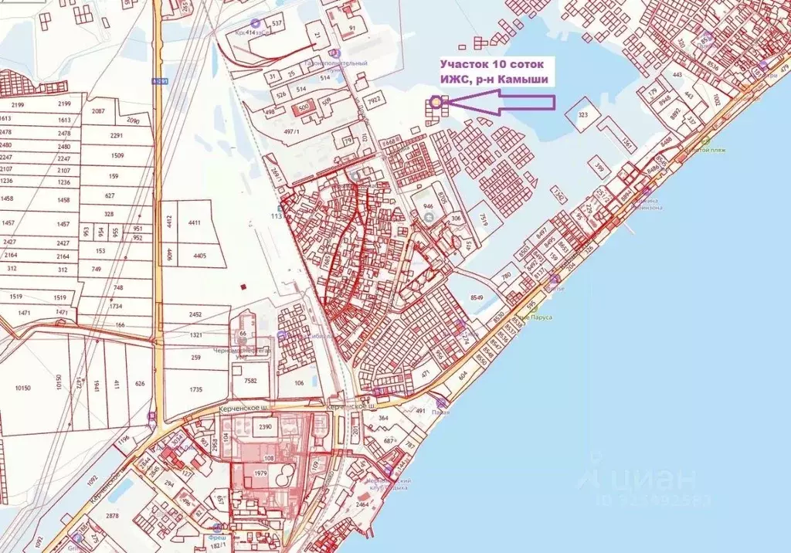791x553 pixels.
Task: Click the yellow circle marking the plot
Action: click(x=436, y=100)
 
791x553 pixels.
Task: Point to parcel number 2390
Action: click(x=266, y=427)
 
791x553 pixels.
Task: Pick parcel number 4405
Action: click(x=199, y=255)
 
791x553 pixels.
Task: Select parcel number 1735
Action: click(x=195, y=390)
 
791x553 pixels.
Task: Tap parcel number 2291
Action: click(x=117, y=136)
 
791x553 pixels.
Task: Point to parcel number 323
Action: click(x=583, y=115)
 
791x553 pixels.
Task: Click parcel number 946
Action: click(x=428, y=207)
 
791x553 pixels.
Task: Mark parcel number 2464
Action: click(x=363, y=504)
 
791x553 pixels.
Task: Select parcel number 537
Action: click(x=277, y=24)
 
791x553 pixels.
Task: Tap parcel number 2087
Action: click(x=98, y=111)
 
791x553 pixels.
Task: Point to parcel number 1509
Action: click(x=117, y=155)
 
